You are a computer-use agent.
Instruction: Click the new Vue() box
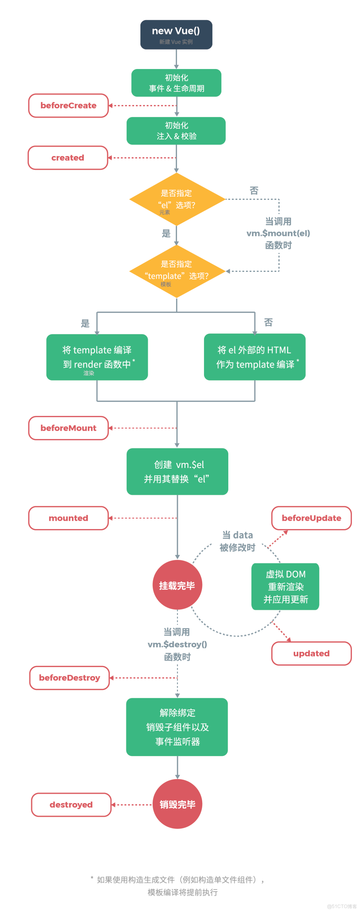176,34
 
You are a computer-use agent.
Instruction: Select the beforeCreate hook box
68,106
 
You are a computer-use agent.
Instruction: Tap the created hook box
67,158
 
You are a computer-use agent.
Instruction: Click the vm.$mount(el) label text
278,233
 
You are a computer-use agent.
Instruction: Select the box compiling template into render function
97,357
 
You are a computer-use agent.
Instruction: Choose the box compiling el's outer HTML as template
254,357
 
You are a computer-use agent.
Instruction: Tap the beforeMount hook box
68,428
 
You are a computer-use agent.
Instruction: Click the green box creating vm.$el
177,471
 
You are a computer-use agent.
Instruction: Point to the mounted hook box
68,518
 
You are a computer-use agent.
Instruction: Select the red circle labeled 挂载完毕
177,585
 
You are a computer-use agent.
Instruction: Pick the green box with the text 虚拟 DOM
285,586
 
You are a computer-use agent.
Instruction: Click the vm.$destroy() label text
177,644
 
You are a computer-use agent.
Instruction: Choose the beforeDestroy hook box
69,678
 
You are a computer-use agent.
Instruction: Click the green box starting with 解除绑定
177,727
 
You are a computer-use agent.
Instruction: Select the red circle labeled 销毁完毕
177,804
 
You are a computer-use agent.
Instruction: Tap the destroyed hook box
71,805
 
